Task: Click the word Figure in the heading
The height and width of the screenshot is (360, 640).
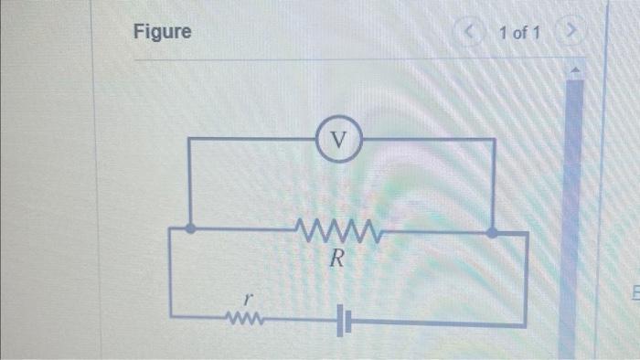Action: (x=163, y=32)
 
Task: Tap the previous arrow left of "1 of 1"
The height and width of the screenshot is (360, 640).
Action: (x=472, y=34)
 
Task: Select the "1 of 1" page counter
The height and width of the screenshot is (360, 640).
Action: (x=519, y=34)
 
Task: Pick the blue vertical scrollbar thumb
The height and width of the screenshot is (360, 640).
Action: (x=573, y=183)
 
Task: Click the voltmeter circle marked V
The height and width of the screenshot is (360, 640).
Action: (x=339, y=140)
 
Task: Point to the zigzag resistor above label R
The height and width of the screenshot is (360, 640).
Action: (x=335, y=228)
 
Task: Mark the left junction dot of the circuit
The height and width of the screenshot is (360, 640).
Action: (x=189, y=229)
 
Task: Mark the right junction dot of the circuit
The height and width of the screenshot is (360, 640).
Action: (x=492, y=232)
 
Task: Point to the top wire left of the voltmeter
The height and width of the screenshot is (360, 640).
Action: (x=251, y=139)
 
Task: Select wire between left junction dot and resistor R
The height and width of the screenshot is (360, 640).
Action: (x=242, y=228)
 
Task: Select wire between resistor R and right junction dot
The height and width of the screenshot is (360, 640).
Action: (x=430, y=231)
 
